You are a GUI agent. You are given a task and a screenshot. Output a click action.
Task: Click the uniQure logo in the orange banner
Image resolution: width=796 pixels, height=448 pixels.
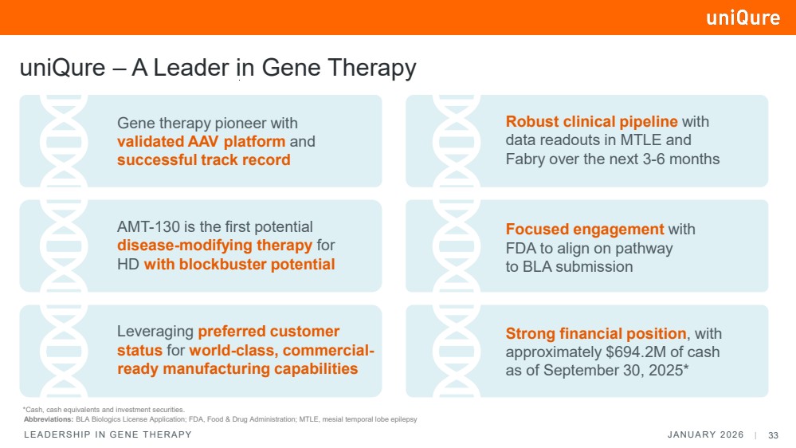pos(743,18)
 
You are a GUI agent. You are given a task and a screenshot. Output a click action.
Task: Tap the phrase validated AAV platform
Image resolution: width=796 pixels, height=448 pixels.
pos(201,142)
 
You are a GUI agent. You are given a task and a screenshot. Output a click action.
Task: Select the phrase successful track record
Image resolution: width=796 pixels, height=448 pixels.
pos(203,159)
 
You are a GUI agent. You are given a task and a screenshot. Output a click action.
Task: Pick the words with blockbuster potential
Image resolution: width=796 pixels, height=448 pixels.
pos(239,264)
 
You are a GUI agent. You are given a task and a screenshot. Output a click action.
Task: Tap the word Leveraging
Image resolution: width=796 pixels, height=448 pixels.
pos(155,332)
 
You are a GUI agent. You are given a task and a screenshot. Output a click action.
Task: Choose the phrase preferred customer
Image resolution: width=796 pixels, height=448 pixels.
pos(269,332)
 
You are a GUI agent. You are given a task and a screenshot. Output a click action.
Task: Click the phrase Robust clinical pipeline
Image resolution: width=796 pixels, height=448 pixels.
pos(592,122)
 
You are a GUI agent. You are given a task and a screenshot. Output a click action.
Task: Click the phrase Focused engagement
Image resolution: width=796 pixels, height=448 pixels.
pos(585,230)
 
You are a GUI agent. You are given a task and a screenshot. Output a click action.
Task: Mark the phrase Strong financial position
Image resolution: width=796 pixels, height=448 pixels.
pos(596,333)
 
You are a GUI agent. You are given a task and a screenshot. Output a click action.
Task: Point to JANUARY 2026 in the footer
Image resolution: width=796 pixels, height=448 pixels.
pos(705,434)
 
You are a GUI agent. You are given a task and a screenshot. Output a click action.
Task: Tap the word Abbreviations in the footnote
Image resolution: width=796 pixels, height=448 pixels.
pos(49,419)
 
